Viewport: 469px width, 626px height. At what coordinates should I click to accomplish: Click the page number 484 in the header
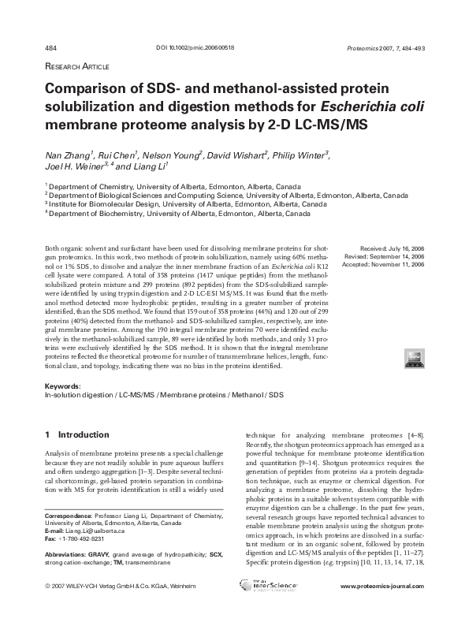(x=50, y=47)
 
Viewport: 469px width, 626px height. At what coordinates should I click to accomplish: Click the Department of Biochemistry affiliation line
(x=169, y=213)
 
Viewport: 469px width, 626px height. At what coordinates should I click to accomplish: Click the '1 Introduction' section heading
(x=76, y=434)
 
